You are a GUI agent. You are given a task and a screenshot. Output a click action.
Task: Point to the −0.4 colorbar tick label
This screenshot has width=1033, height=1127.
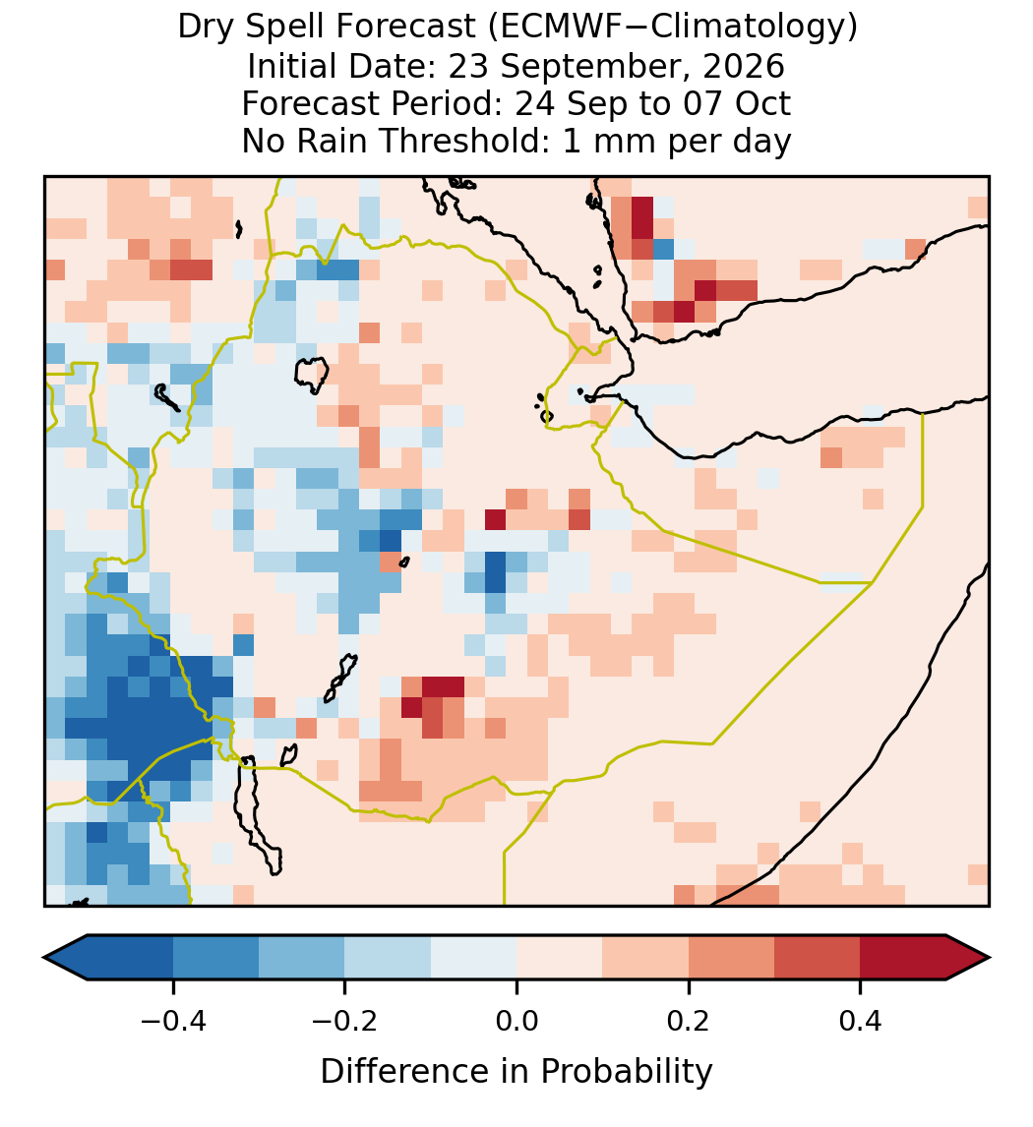(x=173, y=1020)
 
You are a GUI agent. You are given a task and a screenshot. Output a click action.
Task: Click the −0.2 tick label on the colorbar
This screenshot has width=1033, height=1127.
(x=345, y=1020)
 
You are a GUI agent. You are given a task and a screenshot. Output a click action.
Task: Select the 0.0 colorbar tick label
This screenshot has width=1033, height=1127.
(x=516, y=1020)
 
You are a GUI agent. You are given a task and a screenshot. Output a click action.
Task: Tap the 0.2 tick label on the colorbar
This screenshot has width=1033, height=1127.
(x=689, y=1020)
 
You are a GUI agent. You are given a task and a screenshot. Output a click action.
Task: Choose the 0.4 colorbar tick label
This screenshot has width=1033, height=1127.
(x=861, y=1020)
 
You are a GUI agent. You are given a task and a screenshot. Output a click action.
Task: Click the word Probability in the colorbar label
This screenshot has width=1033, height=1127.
(x=627, y=1072)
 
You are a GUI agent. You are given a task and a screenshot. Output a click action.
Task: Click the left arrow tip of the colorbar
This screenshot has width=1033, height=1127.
(x=44, y=958)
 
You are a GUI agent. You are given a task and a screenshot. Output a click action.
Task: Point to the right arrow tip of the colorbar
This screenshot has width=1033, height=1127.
(x=990, y=958)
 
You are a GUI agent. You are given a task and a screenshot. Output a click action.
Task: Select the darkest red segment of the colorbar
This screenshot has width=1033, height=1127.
(x=903, y=958)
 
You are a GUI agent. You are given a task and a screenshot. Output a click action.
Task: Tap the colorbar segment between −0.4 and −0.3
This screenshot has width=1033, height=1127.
(x=215, y=958)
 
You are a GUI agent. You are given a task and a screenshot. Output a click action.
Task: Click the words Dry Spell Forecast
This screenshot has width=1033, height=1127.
(x=327, y=29)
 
